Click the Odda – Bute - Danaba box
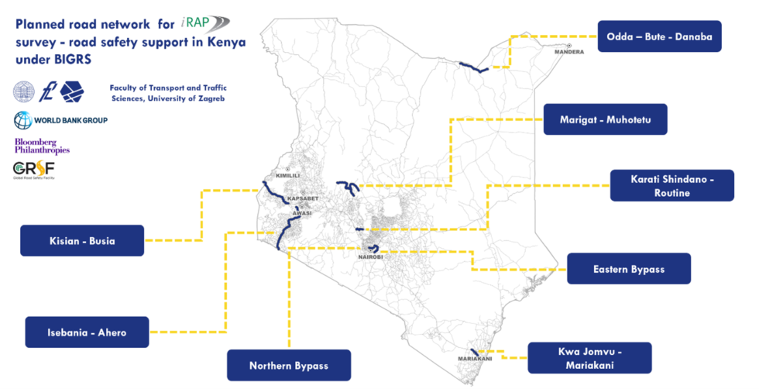pyautogui.click(x=659, y=36)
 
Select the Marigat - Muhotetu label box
pyautogui.click(x=605, y=119)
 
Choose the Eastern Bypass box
pyautogui.click(x=629, y=269)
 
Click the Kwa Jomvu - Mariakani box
pyautogui.click(x=589, y=358)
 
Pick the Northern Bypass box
pyautogui.click(x=289, y=366)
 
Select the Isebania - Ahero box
pyautogui.click(x=87, y=332)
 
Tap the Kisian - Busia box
pyautogui.click(x=82, y=240)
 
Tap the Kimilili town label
pyautogui.click(x=287, y=176)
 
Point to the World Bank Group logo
pyautogui.click(x=60, y=120)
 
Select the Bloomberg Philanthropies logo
pyautogui.click(x=42, y=146)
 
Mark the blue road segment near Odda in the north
pyautogui.click(x=472, y=68)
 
